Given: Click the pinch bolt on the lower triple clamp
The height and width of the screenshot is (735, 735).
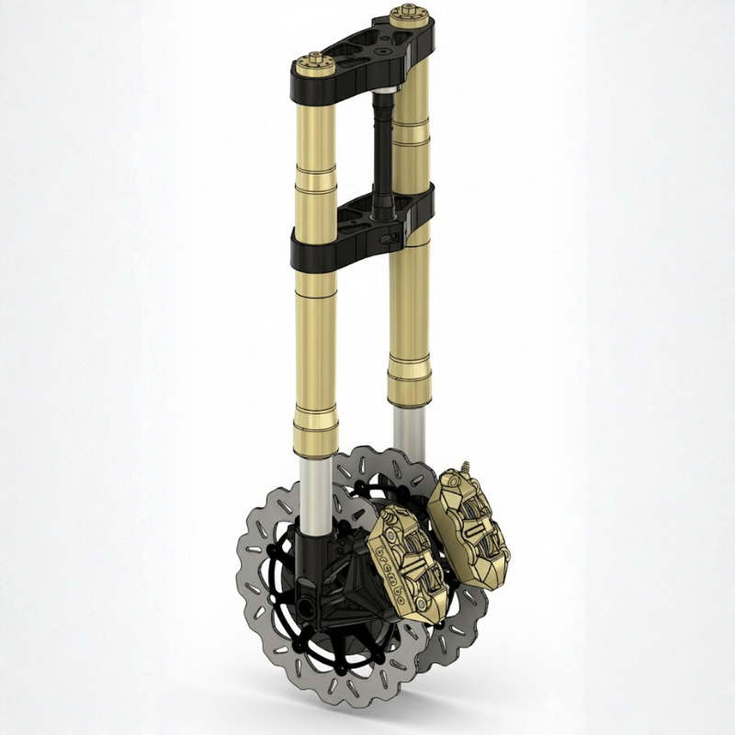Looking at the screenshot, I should click(396, 240).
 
